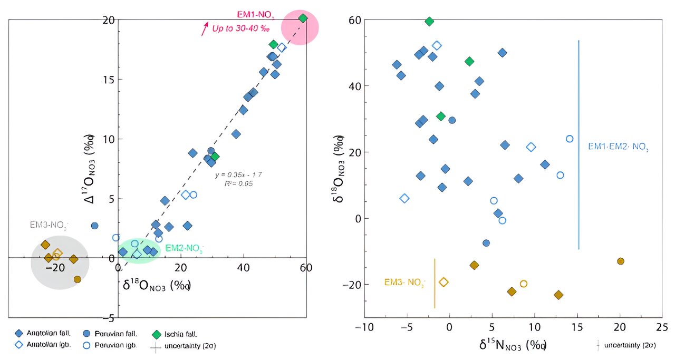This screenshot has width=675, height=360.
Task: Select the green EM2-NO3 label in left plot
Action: click(184, 248)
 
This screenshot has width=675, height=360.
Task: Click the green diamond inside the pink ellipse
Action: click(303, 18)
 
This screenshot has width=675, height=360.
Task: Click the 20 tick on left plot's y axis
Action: click(108, 20)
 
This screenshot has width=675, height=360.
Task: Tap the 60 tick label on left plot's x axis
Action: click(305, 267)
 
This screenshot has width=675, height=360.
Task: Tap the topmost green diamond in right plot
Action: click(429, 21)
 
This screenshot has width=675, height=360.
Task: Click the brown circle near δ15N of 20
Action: click(621, 261)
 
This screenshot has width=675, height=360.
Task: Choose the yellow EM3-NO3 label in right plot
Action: click(404, 283)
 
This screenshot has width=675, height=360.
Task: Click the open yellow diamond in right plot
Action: click(443, 282)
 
